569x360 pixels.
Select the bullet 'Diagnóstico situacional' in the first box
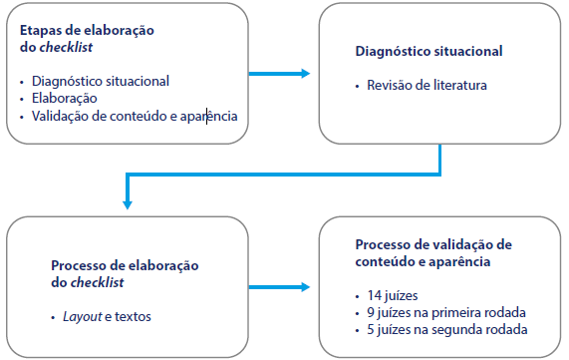(100, 81)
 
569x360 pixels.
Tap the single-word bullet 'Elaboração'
(64, 99)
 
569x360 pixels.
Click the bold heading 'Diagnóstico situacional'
(428, 51)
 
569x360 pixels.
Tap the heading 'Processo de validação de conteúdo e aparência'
(433, 252)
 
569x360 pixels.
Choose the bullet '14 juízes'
(395, 295)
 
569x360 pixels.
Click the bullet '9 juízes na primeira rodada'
(446, 312)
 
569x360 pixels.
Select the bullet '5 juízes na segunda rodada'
(446, 329)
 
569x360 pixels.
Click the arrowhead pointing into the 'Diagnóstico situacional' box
(303, 73)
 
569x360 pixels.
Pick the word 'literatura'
(461, 86)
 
